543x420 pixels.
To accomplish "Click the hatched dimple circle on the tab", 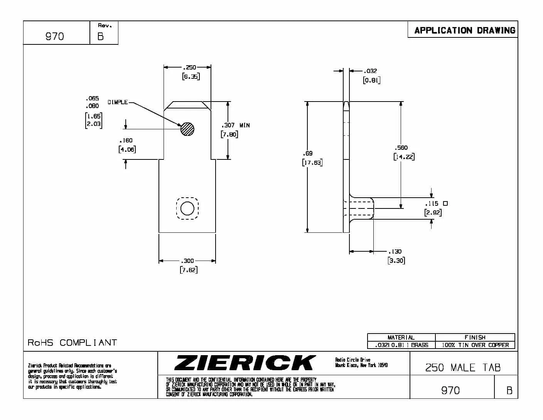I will [x=187, y=129].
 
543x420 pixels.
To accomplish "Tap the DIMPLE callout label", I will [x=117, y=102].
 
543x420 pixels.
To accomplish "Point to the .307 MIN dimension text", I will [x=235, y=125].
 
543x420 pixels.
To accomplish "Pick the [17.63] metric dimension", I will [x=312, y=163].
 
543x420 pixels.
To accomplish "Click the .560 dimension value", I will [x=401, y=148].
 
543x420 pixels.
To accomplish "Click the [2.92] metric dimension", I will [x=433, y=212].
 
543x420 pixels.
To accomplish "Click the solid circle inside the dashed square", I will [x=187, y=209].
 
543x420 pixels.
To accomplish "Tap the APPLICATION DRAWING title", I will [x=464, y=30].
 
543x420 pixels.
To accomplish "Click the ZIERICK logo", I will [x=245, y=363].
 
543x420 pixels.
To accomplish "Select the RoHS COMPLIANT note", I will [x=72, y=342].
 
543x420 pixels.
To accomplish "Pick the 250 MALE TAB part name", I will [x=463, y=367].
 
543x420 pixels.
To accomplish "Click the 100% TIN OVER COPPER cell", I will [x=475, y=345].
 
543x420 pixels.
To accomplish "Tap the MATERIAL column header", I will [x=401, y=337].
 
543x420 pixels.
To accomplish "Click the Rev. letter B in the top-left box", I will [x=101, y=37].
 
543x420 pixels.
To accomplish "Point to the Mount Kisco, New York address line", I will [x=361, y=365].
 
